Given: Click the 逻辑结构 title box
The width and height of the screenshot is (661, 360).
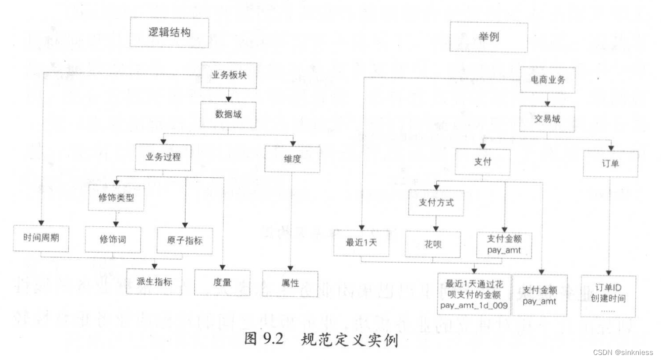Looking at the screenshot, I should pyautogui.click(x=169, y=33).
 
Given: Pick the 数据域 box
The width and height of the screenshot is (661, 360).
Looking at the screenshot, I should pyautogui.click(x=228, y=114).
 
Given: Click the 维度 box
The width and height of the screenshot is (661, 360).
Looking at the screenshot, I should pyautogui.click(x=292, y=159).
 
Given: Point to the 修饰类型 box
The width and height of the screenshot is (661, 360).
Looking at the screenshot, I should pyautogui.click(x=116, y=198).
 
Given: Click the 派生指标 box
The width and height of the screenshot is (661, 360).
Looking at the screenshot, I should pyautogui.click(x=154, y=282).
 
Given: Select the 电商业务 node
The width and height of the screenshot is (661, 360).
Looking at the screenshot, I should pyautogui.click(x=548, y=80).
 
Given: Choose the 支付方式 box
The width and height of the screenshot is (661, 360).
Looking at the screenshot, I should pyautogui.click(x=436, y=203).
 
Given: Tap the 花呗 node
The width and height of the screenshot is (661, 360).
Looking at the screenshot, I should pyautogui.click(x=433, y=244).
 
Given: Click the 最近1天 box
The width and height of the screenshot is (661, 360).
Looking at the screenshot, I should pyautogui.click(x=361, y=242).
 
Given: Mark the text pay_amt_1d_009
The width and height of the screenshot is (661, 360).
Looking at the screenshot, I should pyautogui.click(x=475, y=305).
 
